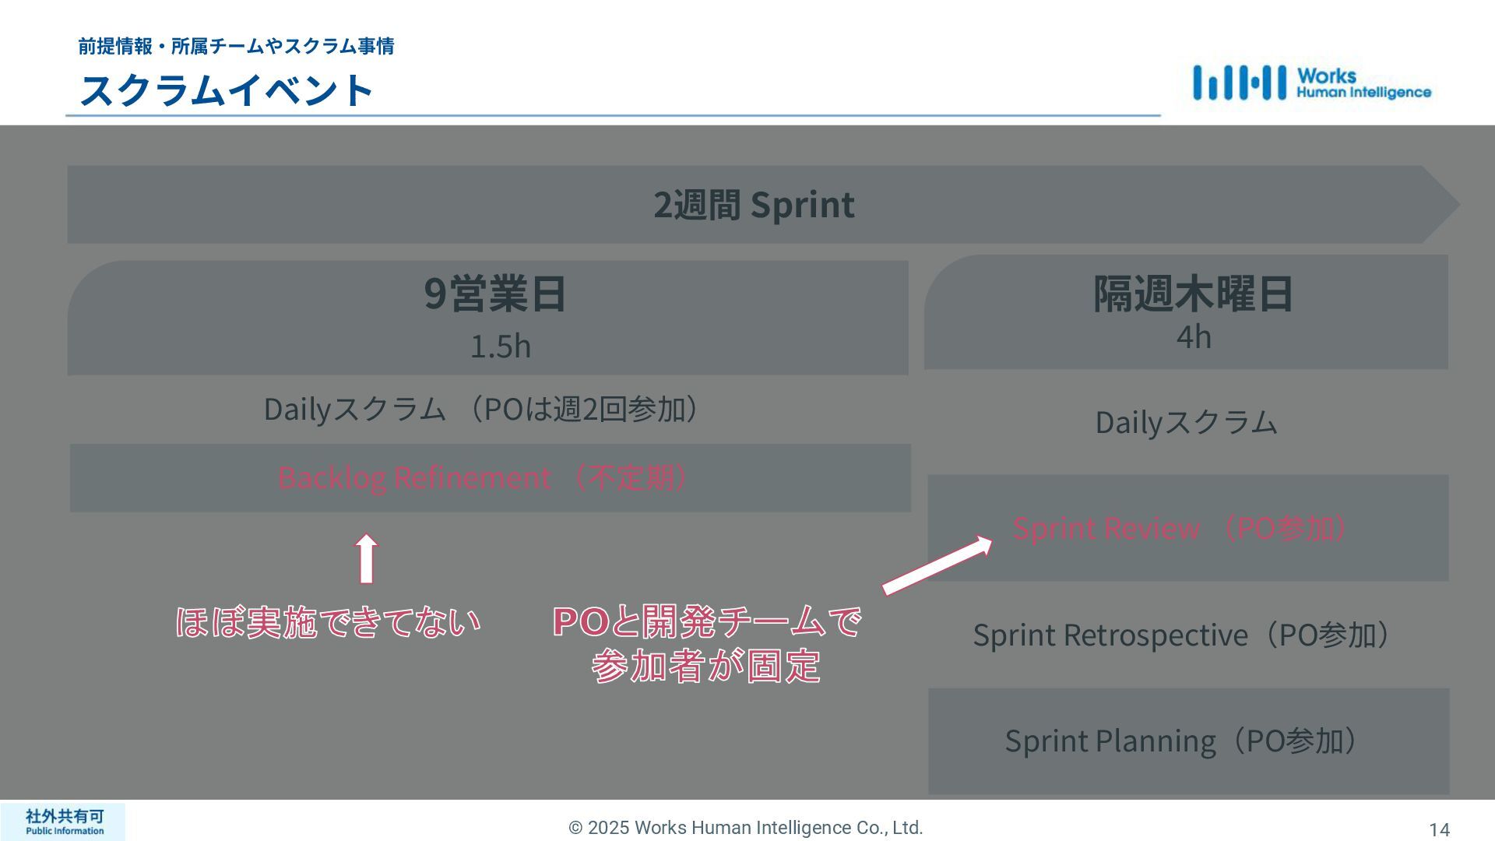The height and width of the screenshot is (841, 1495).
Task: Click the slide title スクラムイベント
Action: (227, 90)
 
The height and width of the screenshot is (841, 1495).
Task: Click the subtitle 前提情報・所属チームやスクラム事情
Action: (236, 46)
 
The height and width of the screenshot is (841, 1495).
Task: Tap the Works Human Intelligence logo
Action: (1311, 83)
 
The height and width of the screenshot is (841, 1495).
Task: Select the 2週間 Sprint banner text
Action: (754, 205)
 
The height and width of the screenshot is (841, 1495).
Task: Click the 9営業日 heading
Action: (495, 294)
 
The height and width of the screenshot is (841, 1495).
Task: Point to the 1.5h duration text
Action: (500, 347)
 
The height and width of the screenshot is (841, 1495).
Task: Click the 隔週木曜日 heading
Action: (1193, 294)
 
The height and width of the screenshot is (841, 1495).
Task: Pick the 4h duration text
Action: (1193, 337)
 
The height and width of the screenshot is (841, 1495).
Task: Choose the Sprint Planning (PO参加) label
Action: (1183, 741)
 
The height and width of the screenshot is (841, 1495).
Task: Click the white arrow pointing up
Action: (366, 558)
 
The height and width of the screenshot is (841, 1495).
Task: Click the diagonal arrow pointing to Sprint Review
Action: (937, 566)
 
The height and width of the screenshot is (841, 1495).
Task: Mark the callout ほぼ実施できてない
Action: (328, 622)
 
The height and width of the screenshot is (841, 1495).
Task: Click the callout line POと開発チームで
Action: (706, 621)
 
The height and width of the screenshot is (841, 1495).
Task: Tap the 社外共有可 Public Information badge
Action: (63, 822)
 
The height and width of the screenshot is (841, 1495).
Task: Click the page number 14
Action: (1439, 830)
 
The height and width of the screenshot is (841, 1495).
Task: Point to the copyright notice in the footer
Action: (745, 828)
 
